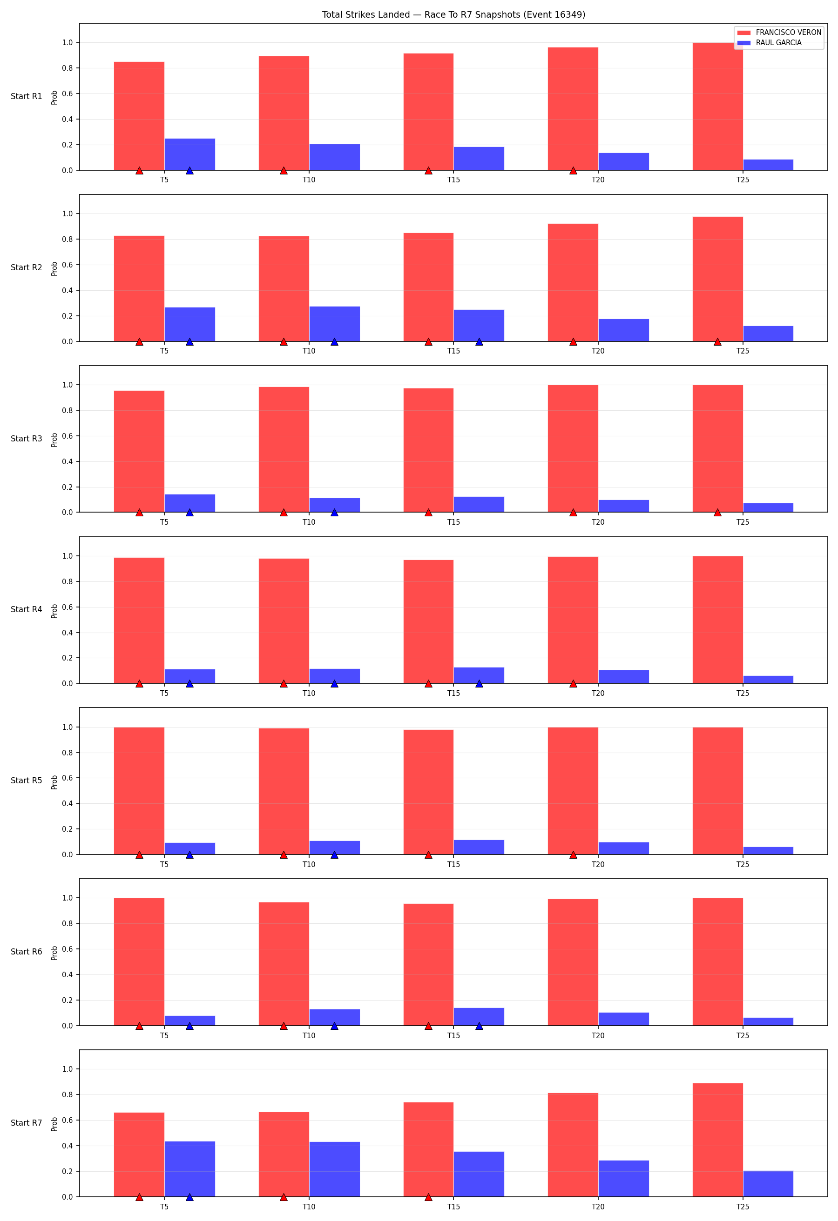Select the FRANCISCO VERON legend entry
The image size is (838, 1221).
[779, 33]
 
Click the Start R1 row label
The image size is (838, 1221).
[26, 96]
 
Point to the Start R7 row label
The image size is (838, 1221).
[26, 1123]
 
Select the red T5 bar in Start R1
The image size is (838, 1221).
[139, 116]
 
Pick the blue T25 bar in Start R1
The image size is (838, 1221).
[768, 165]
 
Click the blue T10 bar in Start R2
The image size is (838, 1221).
[334, 324]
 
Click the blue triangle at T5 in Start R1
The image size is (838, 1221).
[190, 171]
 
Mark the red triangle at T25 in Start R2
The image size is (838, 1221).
[717, 342]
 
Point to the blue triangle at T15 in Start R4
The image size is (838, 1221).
[479, 684]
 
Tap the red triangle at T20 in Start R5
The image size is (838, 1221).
[573, 855]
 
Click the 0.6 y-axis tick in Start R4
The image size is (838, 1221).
[68, 607]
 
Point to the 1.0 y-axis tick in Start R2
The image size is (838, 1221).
[68, 214]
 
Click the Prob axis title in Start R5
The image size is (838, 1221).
[54, 782]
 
